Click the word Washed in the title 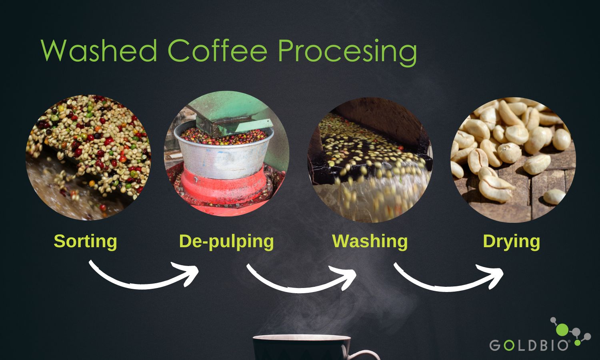(x=99, y=50)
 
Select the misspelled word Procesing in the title (x=348, y=52)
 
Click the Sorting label (x=86, y=242)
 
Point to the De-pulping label (x=226, y=242)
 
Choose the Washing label (x=370, y=242)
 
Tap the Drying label (x=511, y=242)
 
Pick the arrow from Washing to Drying (x=445, y=288)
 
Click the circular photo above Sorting (x=88, y=158)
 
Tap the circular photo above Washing (x=370, y=160)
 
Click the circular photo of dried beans (x=513, y=160)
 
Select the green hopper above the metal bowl (x=230, y=114)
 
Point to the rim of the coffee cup (x=302, y=337)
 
